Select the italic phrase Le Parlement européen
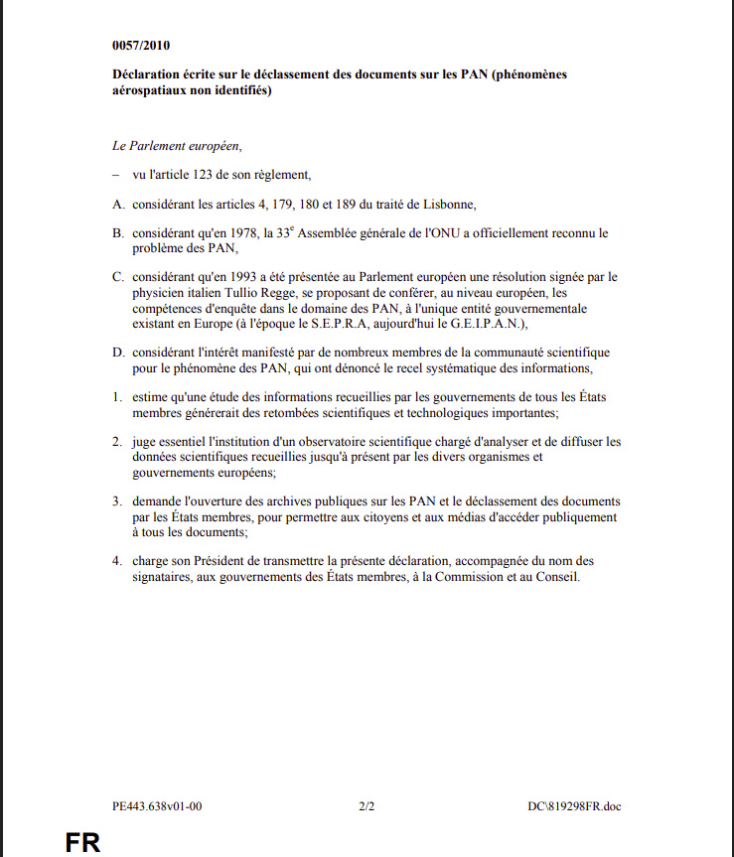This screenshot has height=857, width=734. (177, 145)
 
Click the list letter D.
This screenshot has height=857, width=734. (117, 354)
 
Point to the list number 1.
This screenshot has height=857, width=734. (116, 397)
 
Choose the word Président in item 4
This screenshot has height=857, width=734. (234, 561)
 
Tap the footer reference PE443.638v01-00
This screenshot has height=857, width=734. (158, 806)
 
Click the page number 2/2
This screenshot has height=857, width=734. (367, 806)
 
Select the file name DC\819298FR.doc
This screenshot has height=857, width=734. (575, 806)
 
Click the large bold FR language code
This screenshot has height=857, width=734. (82, 842)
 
